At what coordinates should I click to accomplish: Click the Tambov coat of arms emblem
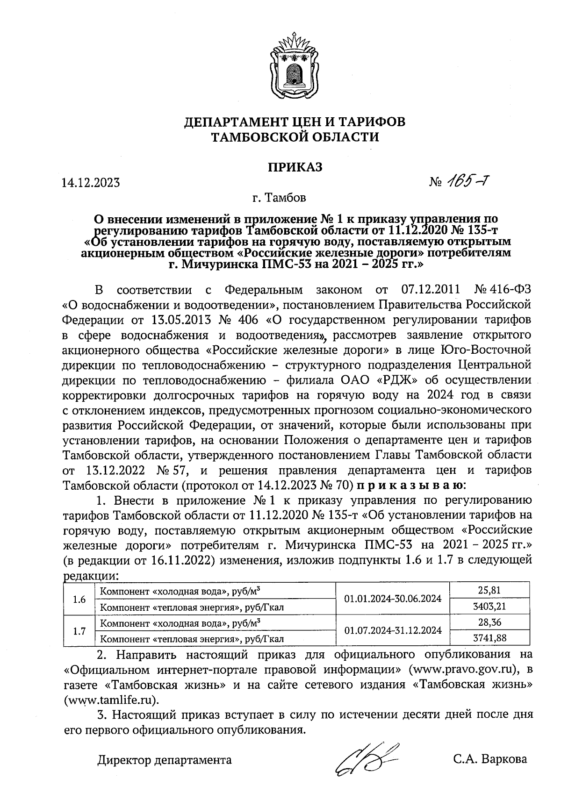click(x=294, y=65)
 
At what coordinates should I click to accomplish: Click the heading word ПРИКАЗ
click(x=295, y=167)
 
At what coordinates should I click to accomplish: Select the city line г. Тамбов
click(x=280, y=198)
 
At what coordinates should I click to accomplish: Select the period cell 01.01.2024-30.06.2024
click(x=393, y=598)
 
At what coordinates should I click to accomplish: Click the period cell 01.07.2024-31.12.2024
click(x=393, y=630)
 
